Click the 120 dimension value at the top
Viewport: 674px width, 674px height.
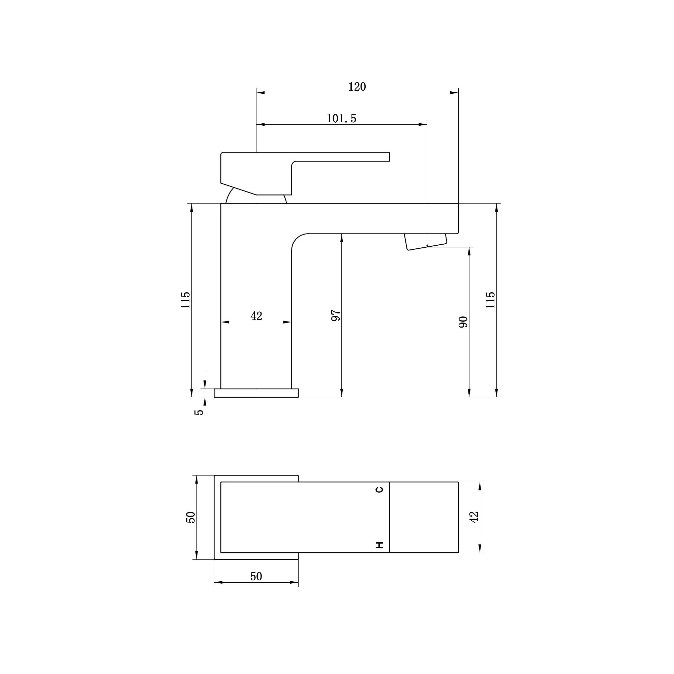[x=357, y=87]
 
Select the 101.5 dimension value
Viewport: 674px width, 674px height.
[x=341, y=119]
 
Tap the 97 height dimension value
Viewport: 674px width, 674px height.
[x=336, y=315]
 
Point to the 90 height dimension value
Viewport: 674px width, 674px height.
[x=463, y=322]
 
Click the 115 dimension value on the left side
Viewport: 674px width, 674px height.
[x=186, y=300]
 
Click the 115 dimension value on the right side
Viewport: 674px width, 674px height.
[x=490, y=300]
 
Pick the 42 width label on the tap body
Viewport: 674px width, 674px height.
[x=256, y=316]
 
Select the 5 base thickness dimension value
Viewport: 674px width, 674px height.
[x=198, y=412]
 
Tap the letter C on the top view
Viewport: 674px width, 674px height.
[x=379, y=489]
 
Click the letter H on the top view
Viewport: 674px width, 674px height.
[x=379, y=545]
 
